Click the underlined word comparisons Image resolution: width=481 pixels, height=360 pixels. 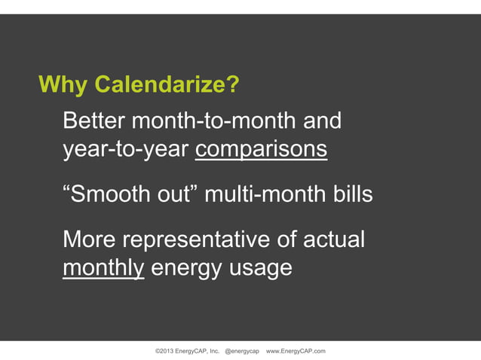261,149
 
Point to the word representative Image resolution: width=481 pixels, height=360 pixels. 197,239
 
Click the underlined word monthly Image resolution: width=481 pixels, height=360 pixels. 103,268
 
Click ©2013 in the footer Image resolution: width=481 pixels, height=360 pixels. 165,352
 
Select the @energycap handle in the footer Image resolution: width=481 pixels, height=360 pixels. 242,352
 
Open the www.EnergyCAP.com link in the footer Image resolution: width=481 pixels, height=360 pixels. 296,352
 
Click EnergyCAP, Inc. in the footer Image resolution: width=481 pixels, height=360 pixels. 199,352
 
